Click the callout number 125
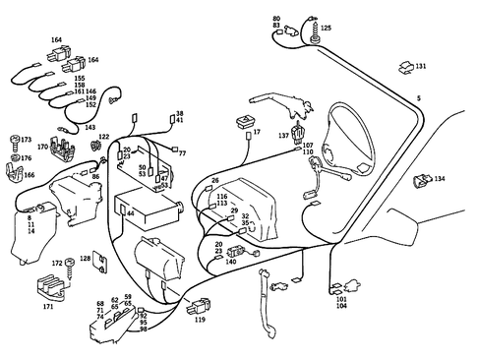pos(326,30)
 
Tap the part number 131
pos(421,66)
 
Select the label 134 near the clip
pos(439,180)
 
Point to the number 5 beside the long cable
pos(418,99)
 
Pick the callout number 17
pos(257,131)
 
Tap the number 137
pos(283,136)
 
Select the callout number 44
pos(130,212)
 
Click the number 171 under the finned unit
pos(48,308)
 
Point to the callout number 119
pos(200,320)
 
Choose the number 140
pos(231,262)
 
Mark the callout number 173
pos(26,141)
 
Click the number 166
pos(30,175)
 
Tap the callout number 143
pos(89,127)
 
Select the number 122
pos(103,137)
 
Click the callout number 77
pos(181,153)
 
